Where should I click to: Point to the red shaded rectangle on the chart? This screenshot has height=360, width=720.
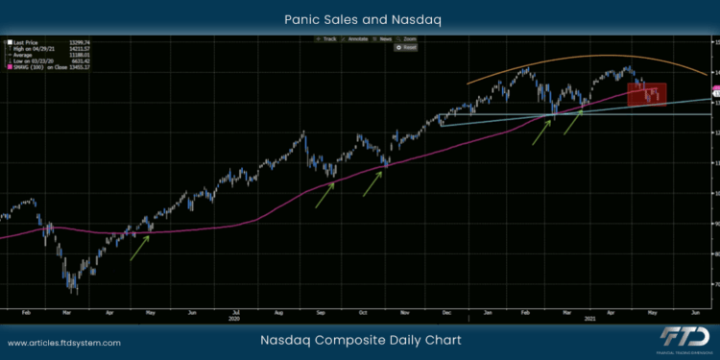(x=646, y=93)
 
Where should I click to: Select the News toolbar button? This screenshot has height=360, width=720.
(x=387, y=38)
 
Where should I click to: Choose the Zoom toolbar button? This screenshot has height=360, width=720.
(x=410, y=38)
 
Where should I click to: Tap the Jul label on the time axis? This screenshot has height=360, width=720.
(x=234, y=312)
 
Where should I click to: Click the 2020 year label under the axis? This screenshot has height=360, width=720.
(x=234, y=318)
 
